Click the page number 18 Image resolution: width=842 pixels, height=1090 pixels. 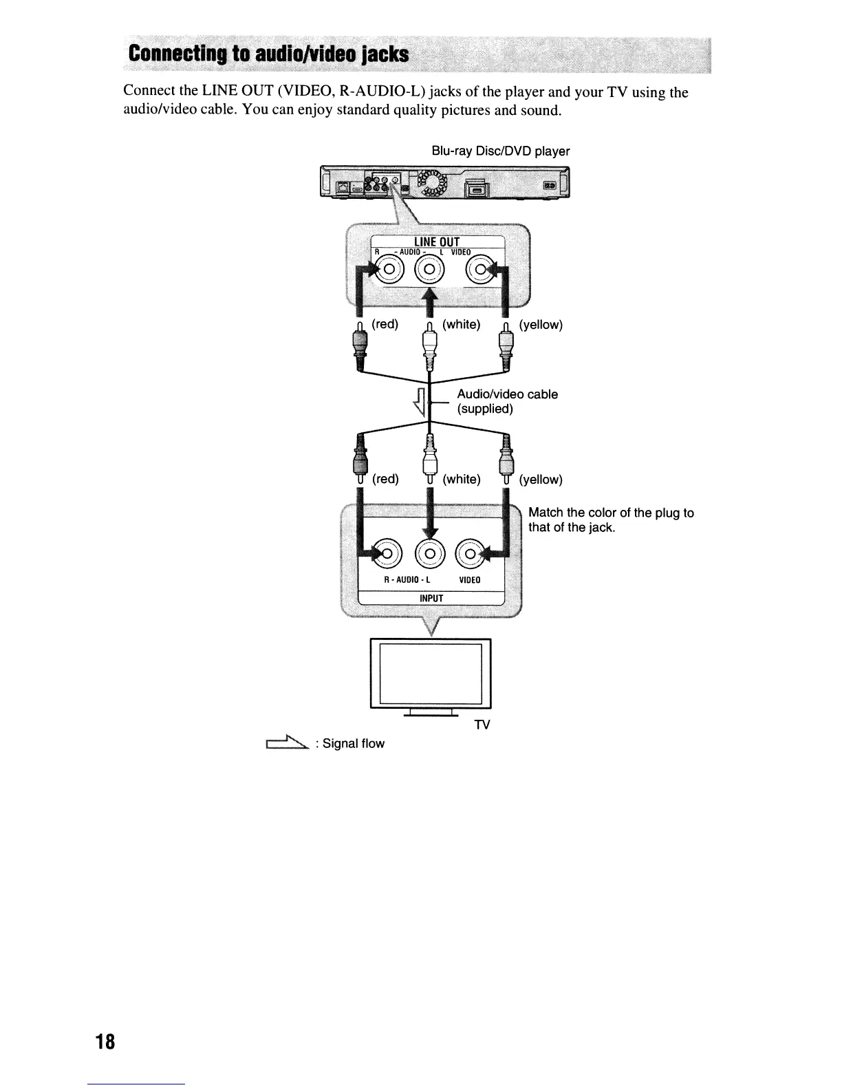(105, 1041)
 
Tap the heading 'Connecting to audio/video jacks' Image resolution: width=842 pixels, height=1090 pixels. (268, 54)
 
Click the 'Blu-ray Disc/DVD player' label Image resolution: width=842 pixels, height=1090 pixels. (500, 151)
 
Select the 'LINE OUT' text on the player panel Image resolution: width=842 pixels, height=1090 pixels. (436, 242)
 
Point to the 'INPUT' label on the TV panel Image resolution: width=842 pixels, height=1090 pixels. (431, 598)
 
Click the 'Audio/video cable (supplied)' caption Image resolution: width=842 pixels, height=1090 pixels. (507, 401)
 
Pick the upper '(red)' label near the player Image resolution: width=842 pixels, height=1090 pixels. (385, 324)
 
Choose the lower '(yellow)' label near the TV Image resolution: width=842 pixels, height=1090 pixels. (541, 479)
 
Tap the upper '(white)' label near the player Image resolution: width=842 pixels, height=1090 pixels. (461, 324)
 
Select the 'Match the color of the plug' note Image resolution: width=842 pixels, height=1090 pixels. (610, 520)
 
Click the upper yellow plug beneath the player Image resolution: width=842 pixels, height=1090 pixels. (506, 345)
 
